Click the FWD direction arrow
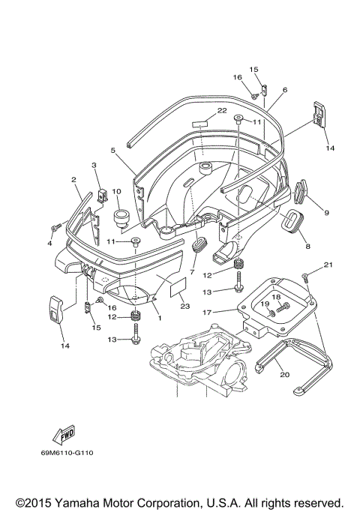(x=63, y=434)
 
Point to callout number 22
(x=222, y=110)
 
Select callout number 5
(x=112, y=150)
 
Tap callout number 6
(x=285, y=89)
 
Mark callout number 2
(x=74, y=180)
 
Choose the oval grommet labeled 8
(x=289, y=223)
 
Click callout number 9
(x=326, y=213)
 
